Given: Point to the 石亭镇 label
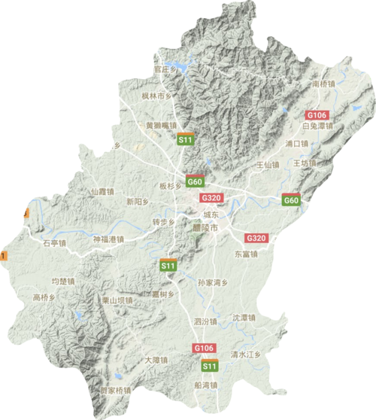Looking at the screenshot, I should [x=55, y=243].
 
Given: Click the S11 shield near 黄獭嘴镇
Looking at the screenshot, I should [x=185, y=140].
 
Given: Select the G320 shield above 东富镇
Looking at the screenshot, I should [x=256, y=238].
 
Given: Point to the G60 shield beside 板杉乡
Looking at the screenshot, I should [x=195, y=182].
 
